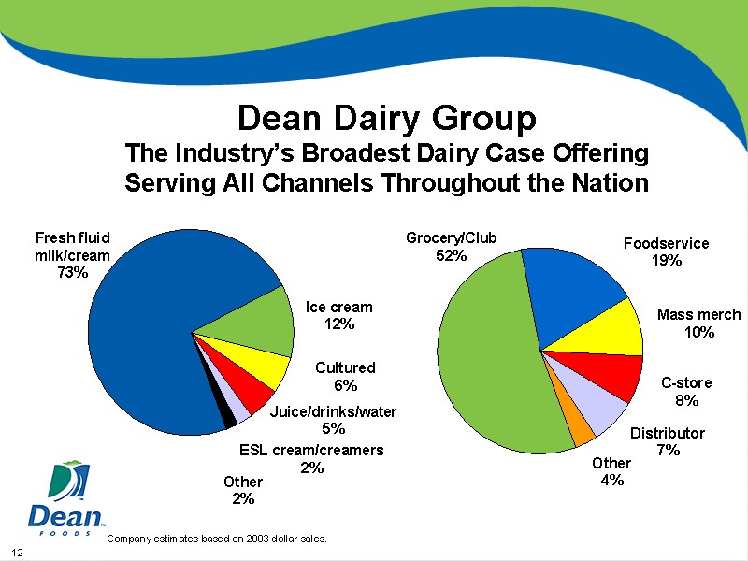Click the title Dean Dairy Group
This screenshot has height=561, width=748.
tap(387, 119)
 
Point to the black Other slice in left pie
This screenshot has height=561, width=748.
tap(226, 417)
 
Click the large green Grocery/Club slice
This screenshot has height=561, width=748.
tap(486, 355)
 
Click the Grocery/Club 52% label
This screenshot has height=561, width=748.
tap(451, 247)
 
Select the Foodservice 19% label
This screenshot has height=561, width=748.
tap(666, 252)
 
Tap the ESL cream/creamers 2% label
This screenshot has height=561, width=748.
tap(311, 458)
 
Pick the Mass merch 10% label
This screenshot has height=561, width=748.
tap(698, 324)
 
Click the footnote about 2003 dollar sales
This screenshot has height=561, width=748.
tap(217, 539)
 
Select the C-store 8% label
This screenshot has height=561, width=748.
tap(686, 392)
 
